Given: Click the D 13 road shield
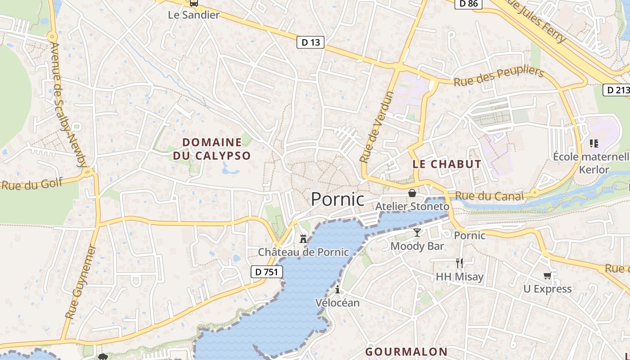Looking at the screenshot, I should click(x=310, y=43).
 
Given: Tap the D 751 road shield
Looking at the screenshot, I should click(x=267, y=272).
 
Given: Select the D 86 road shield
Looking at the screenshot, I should click(x=468, y=4).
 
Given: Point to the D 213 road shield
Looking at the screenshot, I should click(x=617, y=90).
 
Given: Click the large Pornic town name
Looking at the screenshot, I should click(x=337, y=199).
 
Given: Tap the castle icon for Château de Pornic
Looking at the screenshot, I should click(x=303, y=238).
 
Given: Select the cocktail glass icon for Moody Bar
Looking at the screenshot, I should click(x=417, y=232).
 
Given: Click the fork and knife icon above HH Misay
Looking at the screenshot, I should click(x=459, y=263).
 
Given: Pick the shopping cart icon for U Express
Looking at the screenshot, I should click(x=547, y=275).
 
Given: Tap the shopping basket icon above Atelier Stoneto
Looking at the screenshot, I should click(x=412, y=193).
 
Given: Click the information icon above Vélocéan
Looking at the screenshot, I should click(x=337, y=289).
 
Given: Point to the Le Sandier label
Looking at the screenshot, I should click(x=193, y=15).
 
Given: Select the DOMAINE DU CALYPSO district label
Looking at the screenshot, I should click(x=212, y=149).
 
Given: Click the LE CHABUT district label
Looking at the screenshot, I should click(x=447, y=164).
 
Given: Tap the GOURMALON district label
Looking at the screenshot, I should click(x=406, y=351).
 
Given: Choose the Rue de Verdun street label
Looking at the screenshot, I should click(x=377, y=127).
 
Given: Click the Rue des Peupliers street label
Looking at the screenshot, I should click(x=499, y=76).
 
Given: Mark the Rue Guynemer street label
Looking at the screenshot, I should click(x=81, y=282).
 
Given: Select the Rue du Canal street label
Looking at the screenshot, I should click(x=490, y=196).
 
